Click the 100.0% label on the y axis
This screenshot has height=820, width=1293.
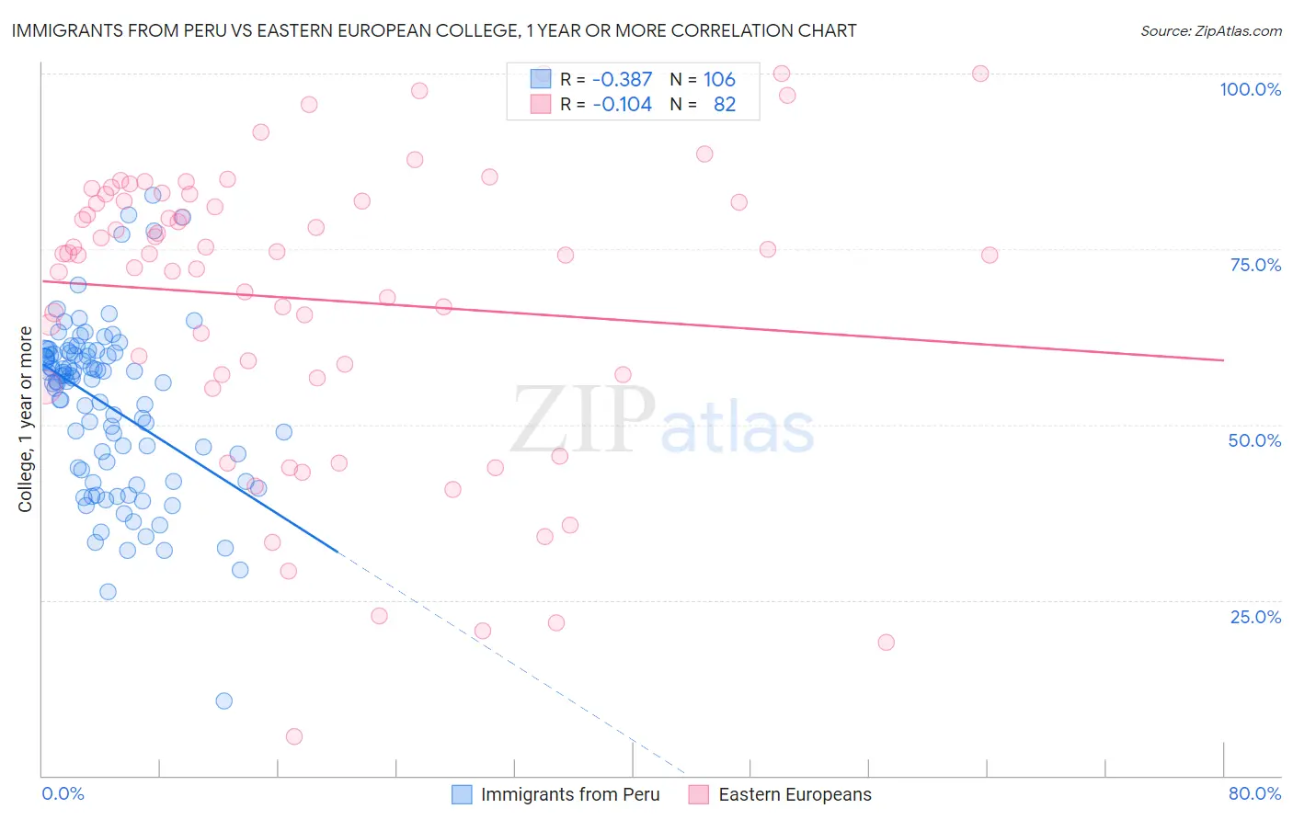click(x=1250, y=89)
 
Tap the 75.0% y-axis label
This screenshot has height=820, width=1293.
click(x=1255, y=265)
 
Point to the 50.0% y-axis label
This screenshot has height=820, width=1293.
click(x=1254, y=440)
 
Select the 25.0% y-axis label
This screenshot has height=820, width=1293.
click(x=1255, y=616)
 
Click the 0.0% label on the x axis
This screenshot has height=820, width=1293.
click(x=63, y=793)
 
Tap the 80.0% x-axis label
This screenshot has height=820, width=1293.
click(x=1254, y=793)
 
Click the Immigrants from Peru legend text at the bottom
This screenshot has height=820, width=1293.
click(x=569, y=794)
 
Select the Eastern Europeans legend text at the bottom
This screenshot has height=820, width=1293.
click(x=795, y=794)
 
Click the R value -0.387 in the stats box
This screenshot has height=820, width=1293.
click(x=622, y=79)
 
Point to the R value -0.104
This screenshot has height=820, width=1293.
click(x=622, y=104)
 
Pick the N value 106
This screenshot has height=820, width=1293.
click(x=719, y=79)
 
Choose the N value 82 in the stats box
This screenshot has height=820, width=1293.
click(x=725, y=104)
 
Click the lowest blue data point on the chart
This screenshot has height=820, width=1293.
click(x=223, y=700)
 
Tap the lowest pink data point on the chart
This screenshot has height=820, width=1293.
click(x=293, y=736)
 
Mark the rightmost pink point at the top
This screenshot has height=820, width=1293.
click(x=980, y=74)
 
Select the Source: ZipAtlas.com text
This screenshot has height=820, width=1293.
click(x=1210, y=31)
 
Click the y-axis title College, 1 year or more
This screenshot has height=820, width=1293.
click(x=26, y=419)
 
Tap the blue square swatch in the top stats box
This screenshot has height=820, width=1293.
click(x=540, y=79)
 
